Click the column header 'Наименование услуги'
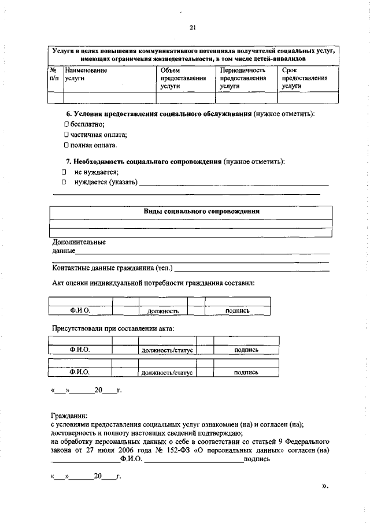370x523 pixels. [86, 73]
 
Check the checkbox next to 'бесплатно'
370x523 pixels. [66, 124]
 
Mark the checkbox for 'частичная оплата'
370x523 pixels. [66, 135]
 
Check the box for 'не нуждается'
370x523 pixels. [64, 172]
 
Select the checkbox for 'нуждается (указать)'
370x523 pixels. [64, 183]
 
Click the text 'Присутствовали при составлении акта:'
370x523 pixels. [113, 329]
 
